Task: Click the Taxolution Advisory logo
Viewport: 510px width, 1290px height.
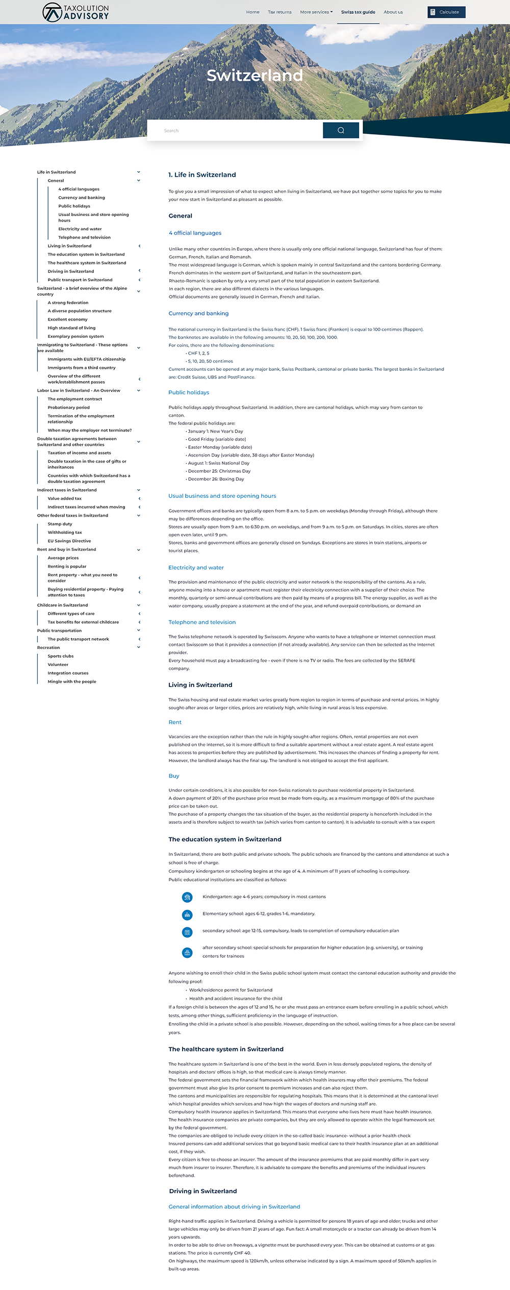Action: (x=75, y=12)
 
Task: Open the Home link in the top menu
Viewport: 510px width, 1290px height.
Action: (x=252, y=12)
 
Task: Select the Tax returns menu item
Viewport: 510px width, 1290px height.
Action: (x=279, y=12)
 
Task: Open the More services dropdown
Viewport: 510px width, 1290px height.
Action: (x=316, y=12)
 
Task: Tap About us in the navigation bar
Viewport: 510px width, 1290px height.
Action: (x=393, y=12)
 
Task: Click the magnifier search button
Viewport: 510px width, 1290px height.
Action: (x=341, y=130)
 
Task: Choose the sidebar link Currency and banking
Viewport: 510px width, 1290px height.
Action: (x=82, y=198)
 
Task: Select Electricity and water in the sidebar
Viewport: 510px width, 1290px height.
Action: (x=80, y=229)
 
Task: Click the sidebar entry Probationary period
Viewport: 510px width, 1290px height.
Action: (x=69, y=408)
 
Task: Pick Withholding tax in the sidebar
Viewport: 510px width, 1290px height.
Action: (x=65, y=532)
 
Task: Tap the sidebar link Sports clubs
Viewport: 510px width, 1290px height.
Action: (x=61, y=656)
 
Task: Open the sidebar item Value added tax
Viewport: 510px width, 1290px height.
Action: (x=65, y=498)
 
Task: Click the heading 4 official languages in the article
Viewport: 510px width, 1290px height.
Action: (x=195, y=233)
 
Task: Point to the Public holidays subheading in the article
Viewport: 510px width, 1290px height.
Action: (x=189, y=392)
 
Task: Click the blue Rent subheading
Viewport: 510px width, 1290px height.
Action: (x=175, y=722)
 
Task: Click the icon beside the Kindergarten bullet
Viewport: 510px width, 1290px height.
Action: (x=187, y=897)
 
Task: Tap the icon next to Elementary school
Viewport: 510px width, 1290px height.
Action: (x=187, y=915)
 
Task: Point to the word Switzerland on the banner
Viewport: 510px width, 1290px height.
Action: (x=255, y=75)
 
